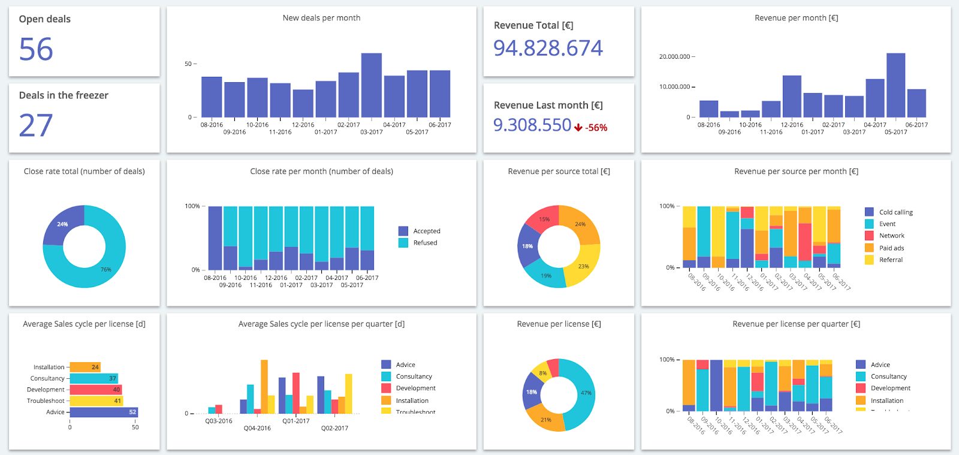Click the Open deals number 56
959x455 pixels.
pos(36,49)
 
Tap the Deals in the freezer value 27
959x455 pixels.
pos(36,125)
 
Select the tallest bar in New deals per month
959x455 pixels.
pos(371,85)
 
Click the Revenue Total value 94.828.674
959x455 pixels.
pos(548,48)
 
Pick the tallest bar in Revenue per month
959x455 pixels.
pos(895,85)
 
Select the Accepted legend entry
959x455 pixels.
pos(426,231)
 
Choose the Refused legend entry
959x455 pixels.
pos(425,243)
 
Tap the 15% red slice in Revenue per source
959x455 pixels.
pos(543,220)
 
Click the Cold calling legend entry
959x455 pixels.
pos(895,212)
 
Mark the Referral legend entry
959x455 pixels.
pos(891,260)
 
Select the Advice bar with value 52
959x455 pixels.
pos(104,412)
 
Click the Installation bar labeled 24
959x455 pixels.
pos(85,367)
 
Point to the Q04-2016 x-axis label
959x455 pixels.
pos(257,428)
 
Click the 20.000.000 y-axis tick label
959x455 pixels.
pos(674,57)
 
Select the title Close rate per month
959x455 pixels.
pos(321,171)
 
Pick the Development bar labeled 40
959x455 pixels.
pos(96,390)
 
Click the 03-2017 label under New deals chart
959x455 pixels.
pos(372,132)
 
